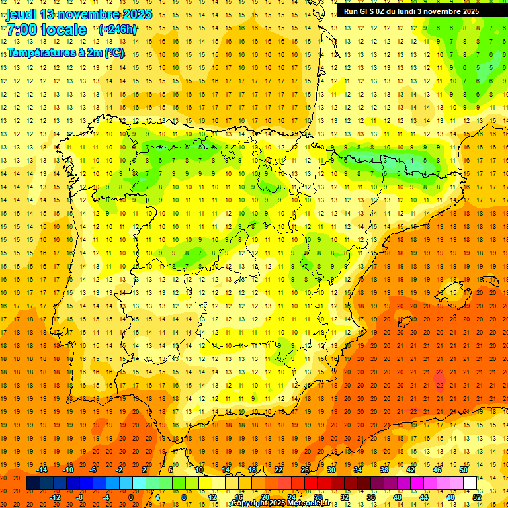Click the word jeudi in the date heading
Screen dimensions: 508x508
coord(21,14)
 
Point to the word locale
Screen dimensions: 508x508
coord(63,30)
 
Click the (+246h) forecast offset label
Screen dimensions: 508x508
coord(117,30)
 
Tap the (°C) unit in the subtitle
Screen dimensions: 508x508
coord(114,52)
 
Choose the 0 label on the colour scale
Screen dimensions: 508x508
coord(130,497)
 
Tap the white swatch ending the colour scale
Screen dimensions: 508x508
coord(470,484)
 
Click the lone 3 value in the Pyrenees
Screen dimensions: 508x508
coord(384,160)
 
